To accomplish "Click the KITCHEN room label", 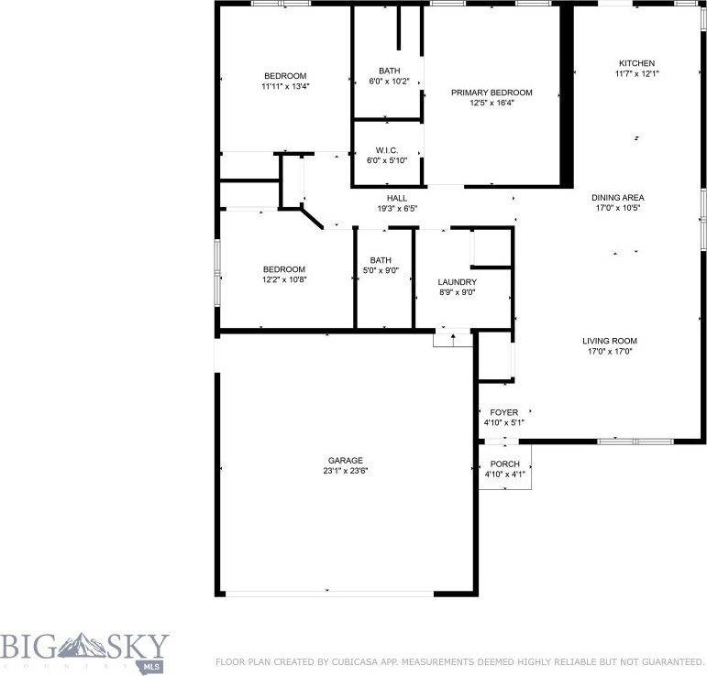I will [x=636, y=63].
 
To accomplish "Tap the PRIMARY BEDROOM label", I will [x=492, y=93].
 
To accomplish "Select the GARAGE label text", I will [x=346, y=461].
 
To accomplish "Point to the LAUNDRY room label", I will [x=457, y=282].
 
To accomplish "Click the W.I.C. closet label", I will [x=386, y=150].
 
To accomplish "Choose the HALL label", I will [x=396, y=198].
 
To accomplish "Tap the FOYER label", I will [x=503, y=413].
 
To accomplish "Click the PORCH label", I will [x=504, y=464].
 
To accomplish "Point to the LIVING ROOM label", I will [x=609, y=341].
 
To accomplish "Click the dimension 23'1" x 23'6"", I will [x=346, y=471].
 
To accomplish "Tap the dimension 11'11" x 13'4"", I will [x=285, y=86].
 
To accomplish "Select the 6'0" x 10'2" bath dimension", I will [x=389, y=82].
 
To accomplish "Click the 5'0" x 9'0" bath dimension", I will [x=381, y=269].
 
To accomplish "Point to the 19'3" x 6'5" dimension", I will [x=396, y=208].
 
